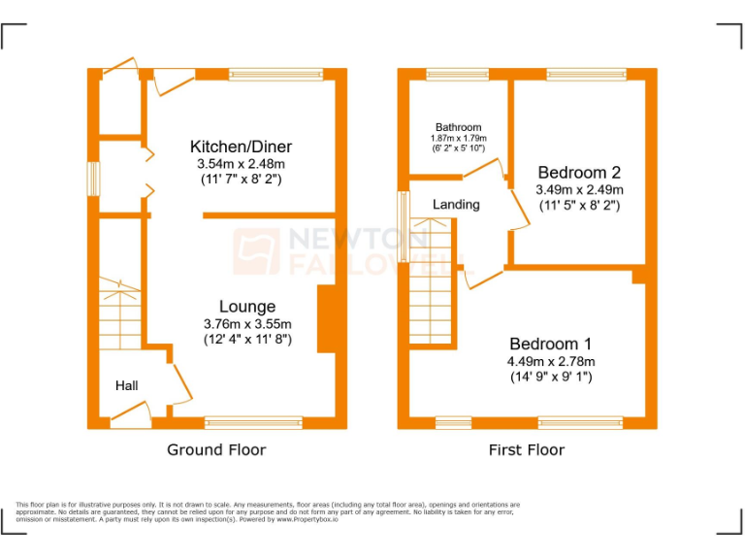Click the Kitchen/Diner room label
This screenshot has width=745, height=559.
(241, 147)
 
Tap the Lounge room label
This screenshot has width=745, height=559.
(246, 307)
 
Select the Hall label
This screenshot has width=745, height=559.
(126, 385)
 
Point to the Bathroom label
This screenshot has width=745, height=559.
(458, 127)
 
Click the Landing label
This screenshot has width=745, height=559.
(455, 204)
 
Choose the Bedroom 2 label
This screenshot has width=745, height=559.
(579, 173)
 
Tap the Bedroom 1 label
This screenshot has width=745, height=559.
(551, 344)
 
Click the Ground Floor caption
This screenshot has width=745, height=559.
(216, 449)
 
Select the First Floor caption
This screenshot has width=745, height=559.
(526, 449)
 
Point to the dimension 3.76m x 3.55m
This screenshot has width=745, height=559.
(247, 324)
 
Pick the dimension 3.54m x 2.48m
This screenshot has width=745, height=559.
(241, 164)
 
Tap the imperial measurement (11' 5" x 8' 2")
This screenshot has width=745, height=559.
(579, 205)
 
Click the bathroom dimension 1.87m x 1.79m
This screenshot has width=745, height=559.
(458, 139)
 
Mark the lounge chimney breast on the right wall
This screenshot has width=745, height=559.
(326, 317)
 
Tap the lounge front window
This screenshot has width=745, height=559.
(253, 422)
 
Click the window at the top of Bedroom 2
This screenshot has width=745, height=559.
(586, 74)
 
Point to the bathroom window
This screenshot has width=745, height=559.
(458, 74)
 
